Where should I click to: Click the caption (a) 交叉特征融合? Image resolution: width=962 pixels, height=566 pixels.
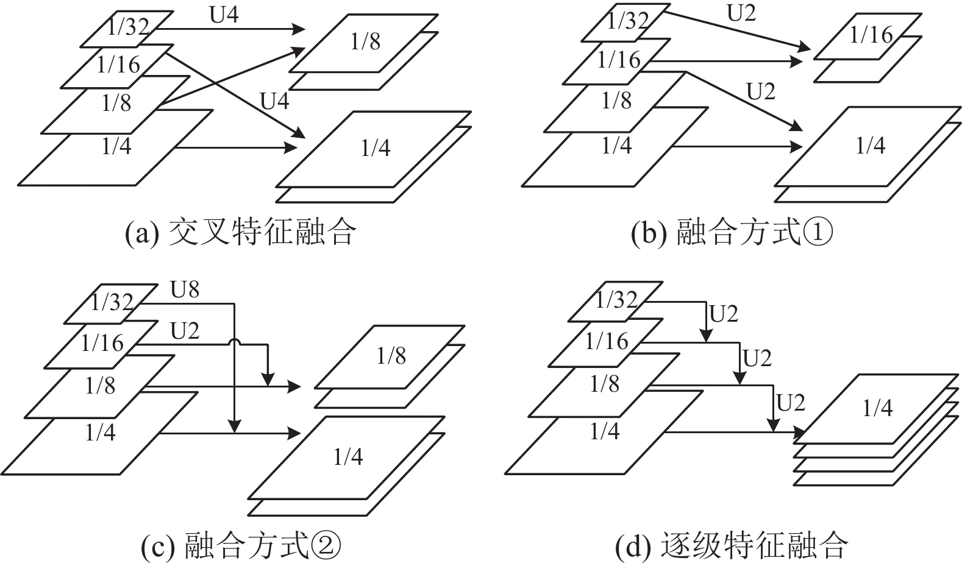click(241, 233)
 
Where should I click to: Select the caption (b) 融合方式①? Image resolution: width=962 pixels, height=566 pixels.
click(732, 233)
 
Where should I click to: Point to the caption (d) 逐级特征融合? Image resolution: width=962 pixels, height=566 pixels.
click(732, 545)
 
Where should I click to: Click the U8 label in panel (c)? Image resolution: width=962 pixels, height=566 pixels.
click(185, 289)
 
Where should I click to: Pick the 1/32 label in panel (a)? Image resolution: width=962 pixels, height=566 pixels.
click(128, 27)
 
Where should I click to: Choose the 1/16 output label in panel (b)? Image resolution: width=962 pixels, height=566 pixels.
click(871, 35)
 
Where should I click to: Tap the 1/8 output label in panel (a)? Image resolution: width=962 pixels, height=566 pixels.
click(365, 41)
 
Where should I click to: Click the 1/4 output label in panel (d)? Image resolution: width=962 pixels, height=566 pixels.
click(878, 408)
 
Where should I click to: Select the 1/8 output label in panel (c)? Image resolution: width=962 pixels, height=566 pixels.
click(391, 356)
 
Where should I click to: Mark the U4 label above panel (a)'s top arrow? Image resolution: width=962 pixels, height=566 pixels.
click(224, 15)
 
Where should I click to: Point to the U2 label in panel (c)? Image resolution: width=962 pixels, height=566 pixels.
click(185, 331)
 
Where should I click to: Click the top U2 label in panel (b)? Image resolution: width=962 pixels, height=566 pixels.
click(741, 13)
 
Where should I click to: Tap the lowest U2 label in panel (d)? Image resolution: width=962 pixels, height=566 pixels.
click(791, 403)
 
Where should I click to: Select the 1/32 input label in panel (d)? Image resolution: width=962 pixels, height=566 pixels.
click(616, 299)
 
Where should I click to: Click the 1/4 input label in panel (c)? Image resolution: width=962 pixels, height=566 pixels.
click(101, 432)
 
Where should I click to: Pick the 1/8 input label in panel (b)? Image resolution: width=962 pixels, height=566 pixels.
click(617, 101)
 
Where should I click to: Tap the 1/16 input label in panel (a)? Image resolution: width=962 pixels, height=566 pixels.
click(118, 65)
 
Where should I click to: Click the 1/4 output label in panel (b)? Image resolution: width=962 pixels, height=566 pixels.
click(871, 146)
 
